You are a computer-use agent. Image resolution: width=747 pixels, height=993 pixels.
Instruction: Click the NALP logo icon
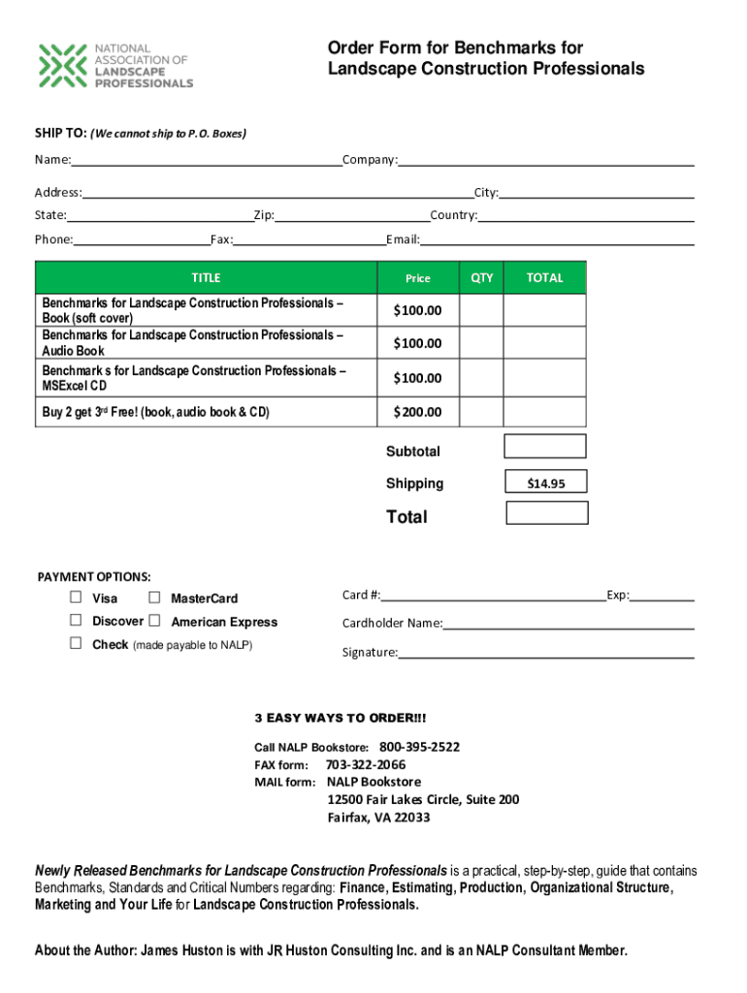point(61,65)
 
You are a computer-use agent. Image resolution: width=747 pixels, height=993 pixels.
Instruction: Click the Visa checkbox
point(76,597)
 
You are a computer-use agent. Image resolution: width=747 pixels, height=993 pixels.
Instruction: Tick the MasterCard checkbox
point(154,597)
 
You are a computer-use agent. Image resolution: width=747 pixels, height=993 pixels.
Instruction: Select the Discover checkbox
point(76,621)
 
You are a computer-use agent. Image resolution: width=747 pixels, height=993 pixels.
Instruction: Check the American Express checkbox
point(154,621)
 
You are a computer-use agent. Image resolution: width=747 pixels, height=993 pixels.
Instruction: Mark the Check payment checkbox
point(76,644)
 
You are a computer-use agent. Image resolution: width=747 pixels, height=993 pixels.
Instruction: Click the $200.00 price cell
point(417,412)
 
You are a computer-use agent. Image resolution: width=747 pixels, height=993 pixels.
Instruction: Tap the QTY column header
point(482,277)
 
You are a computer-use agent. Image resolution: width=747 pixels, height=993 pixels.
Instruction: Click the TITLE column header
point(206,277)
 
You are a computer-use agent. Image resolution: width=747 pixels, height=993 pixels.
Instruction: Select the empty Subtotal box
point(544,446)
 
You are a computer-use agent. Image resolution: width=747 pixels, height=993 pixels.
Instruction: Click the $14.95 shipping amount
point(545,483)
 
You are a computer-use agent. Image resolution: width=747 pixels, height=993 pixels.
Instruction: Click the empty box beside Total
point(547,513)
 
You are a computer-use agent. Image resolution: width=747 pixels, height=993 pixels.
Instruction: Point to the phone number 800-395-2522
point(419,747)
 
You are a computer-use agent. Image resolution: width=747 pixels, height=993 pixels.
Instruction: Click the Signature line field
point(545,652)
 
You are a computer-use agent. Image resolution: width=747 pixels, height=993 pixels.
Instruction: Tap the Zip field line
point(351,215)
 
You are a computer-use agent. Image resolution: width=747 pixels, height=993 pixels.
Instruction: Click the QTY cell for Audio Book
point(481,342)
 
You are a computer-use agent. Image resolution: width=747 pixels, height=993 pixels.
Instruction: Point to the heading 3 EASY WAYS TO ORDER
point(340,718)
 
